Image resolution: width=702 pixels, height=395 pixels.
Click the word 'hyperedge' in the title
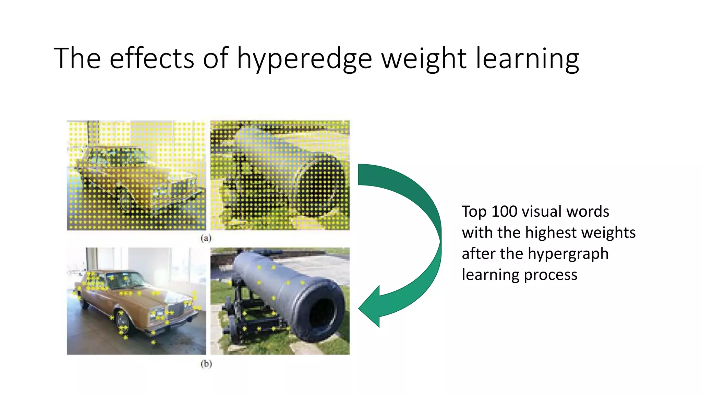[x=304, y=59]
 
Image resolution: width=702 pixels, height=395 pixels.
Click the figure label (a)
[x=206, y=238]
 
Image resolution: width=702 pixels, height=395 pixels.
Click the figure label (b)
[x=206, y=363]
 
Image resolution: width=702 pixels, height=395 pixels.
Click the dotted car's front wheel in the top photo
[x=125, y=201]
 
